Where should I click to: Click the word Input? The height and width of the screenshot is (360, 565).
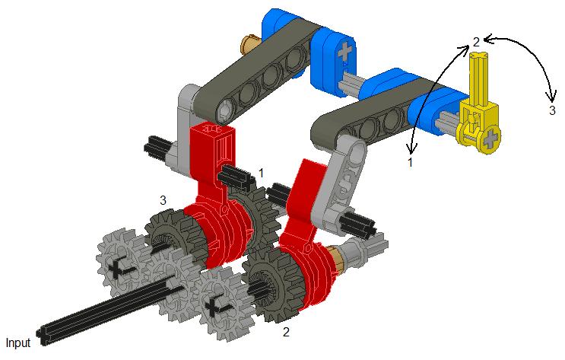(18, 342)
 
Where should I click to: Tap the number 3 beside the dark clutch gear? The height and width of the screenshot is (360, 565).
(163, 200)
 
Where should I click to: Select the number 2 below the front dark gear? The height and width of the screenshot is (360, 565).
(286, 332)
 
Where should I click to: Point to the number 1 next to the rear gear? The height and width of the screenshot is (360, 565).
(262, 173)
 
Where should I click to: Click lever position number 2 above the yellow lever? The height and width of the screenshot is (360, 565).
(476, 42)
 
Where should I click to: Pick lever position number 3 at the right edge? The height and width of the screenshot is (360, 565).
(552, 110)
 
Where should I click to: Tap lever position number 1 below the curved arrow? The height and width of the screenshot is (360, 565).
(410, 162)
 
